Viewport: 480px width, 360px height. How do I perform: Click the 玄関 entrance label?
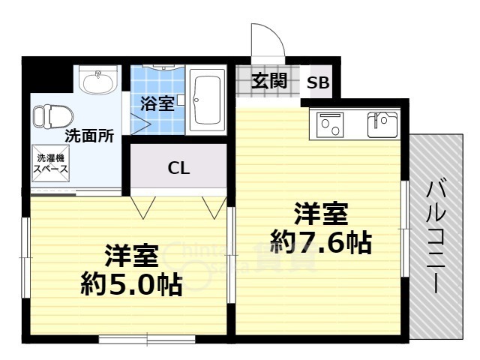tap(268, 81)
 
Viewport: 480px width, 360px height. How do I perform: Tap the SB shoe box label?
tap(318, 83)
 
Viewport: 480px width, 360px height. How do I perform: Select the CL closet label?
tap(178, 167)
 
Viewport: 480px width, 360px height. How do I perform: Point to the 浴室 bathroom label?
tap(157, 103)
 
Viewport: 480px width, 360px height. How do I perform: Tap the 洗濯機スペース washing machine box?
tap(50, 164)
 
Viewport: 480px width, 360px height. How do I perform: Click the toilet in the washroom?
tap(52, 117)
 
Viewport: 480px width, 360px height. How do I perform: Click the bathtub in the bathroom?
tap(206, 100)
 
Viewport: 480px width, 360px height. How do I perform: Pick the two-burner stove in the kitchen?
tap(330, 124)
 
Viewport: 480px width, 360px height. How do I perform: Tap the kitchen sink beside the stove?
tap(382, 124)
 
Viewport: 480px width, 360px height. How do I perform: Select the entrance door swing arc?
tap(268, 43)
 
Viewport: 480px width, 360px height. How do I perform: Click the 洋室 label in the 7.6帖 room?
tap(320, 214)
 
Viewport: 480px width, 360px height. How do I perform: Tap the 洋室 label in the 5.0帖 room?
tap(131, 256)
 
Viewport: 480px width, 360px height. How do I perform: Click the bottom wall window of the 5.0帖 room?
tap(147, 340)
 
